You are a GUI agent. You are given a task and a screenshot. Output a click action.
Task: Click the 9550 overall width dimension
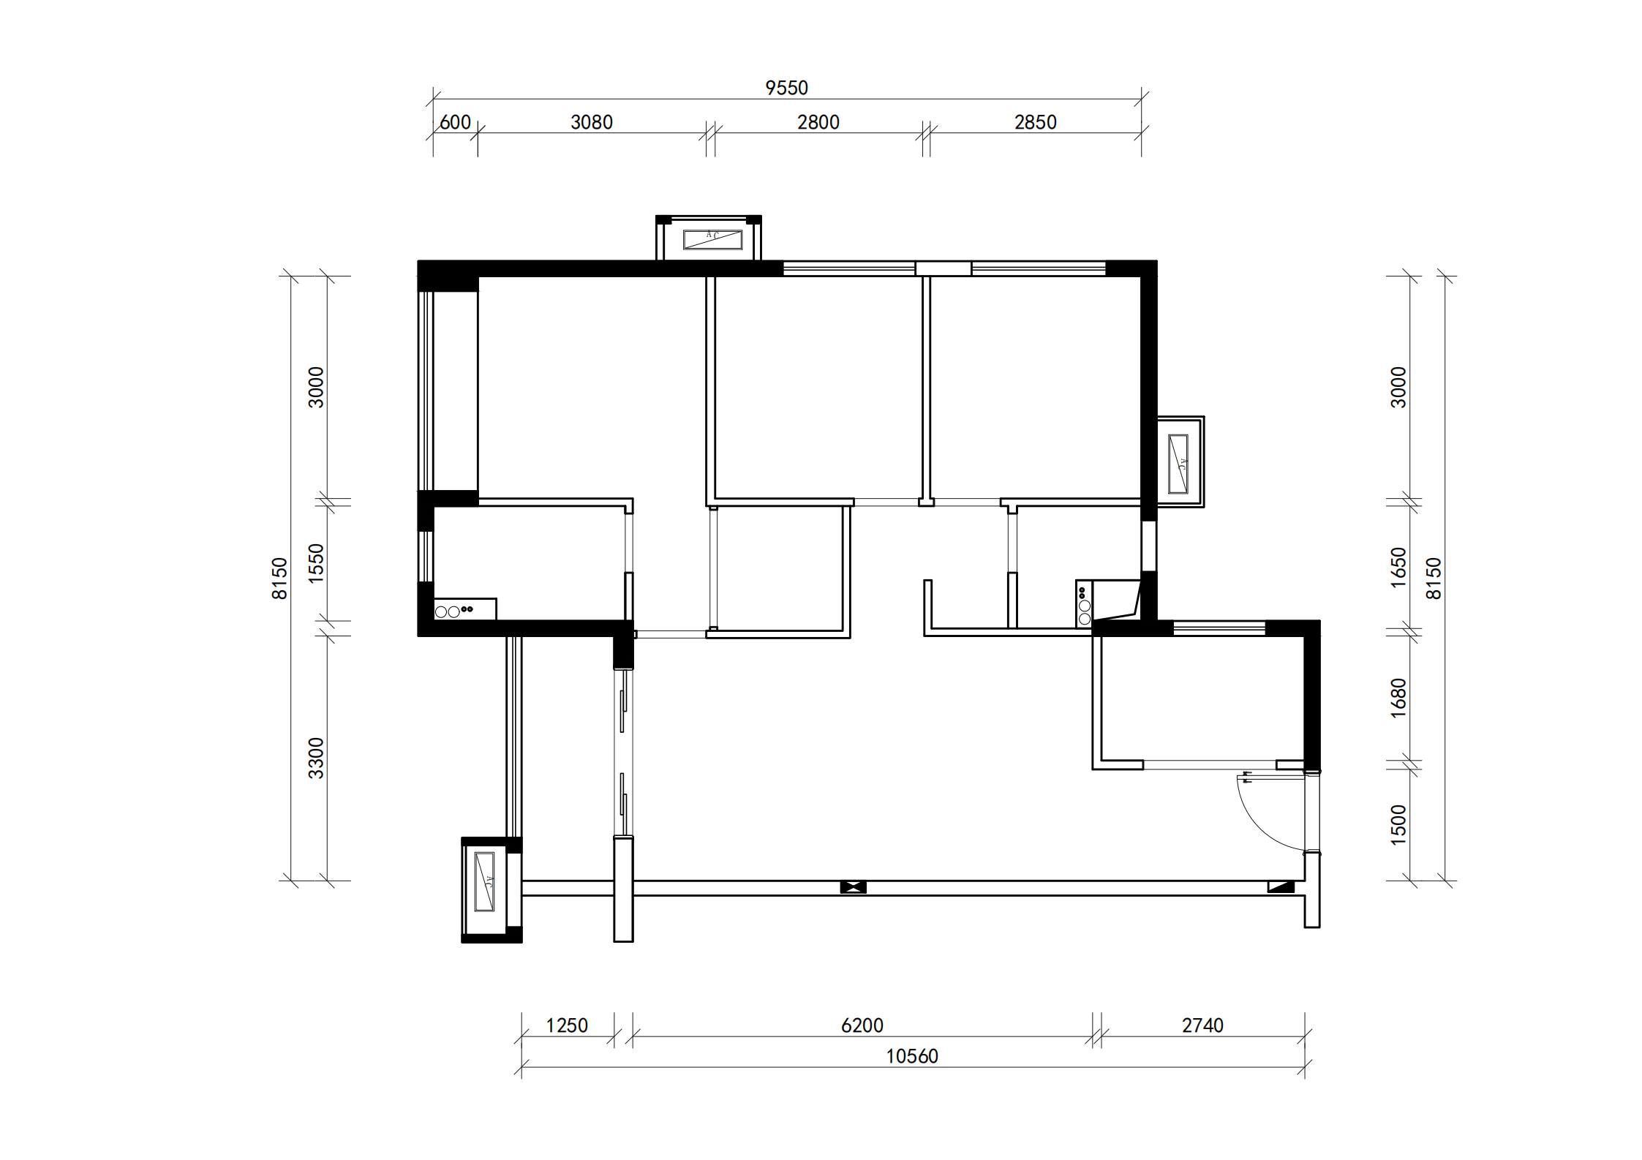[x=786, y=88]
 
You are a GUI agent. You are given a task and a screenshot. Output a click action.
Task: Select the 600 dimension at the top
[x=455, y=122]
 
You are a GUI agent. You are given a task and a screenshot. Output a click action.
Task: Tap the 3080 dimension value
[x=592, y=122]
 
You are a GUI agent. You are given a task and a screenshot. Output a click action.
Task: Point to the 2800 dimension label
[x=818, y=122]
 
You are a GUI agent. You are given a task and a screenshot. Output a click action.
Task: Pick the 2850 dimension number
[x=1036, y=122]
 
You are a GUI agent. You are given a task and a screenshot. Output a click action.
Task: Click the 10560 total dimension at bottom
[x=912, y=1056]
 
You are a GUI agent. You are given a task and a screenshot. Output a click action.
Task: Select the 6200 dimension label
[x=862, y=1025]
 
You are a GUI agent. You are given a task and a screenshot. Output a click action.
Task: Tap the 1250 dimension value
[x=567, y=1025]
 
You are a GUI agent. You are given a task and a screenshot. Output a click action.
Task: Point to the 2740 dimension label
[x=1202, y=1025]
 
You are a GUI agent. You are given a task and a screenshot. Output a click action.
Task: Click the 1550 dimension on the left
[x=315, y=563]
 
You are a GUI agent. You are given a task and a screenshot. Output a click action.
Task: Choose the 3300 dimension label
[x=315, y=758]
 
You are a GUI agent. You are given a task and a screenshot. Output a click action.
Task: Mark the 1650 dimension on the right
[x=1398, y=567]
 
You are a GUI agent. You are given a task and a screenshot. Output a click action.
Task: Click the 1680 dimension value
[x=1398, y=698]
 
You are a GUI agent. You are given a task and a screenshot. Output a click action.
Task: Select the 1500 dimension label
[x=1398, y=825]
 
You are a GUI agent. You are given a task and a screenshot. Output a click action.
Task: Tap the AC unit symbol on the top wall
[x=712, y=239]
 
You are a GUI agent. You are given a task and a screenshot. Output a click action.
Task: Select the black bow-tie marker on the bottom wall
[x=853, y=887]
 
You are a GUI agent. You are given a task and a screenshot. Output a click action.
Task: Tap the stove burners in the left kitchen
[x=454, y=610]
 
